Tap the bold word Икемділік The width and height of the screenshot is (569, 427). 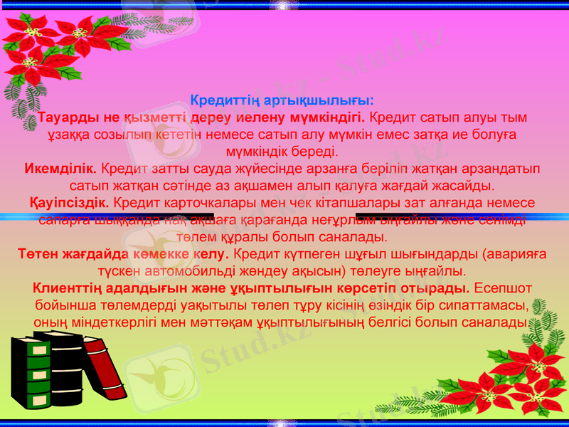coord(60,169)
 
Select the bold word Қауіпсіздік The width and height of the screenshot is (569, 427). coord(69,203)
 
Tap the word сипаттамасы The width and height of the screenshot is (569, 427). coord(488,305)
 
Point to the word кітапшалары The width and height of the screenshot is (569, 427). coord(349,203)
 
